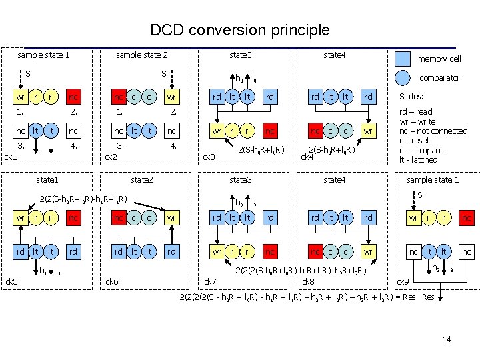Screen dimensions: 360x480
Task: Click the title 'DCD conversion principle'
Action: pos(240,30)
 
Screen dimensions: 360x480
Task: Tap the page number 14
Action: pos(447,339)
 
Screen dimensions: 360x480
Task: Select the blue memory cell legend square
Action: pos(403,58)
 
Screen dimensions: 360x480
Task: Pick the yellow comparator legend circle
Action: pos(403,77)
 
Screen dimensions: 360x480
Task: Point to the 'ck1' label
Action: pos(11,157)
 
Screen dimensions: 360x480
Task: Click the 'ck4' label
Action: pos(307,157)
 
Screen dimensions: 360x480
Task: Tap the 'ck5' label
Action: pos(11,281)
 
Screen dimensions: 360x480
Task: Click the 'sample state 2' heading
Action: pos(141,55)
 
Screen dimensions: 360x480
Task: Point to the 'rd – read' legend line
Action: pos(415,112)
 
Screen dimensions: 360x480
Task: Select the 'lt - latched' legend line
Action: pos(418,160)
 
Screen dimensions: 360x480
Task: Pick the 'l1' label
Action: pos(58,271)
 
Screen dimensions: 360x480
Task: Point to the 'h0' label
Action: pos(240,77)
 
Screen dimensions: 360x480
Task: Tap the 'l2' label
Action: pos(255,202)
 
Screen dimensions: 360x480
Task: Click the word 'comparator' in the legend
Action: pos(439,78)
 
